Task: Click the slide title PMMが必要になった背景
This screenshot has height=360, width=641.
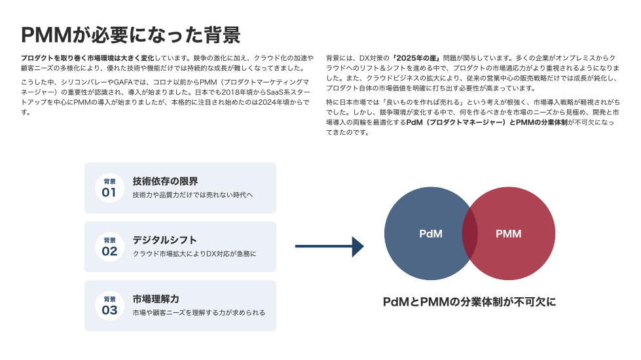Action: click(x=130, y=35)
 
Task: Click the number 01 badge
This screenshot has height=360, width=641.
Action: click(x=109, y=188)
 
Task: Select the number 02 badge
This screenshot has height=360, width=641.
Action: click(x=109, y=247)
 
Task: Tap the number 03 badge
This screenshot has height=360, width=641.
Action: click(x=109, y=306)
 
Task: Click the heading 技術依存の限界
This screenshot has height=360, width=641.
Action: click(x=165, y=181)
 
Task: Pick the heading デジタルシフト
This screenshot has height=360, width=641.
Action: click(x=165, y=240)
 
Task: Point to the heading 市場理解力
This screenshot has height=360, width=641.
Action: click(x=156, y=298)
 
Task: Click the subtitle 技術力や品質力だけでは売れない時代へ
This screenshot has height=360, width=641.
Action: click(x=192, y=195)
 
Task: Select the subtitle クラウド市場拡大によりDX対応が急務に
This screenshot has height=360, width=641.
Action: click(x=194, y=254)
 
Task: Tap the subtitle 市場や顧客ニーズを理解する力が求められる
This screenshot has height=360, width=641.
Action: click(x=198, y=313)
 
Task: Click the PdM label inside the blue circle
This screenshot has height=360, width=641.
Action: click(x=431, y=234)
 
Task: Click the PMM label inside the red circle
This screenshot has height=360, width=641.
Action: click(x=509, y=234)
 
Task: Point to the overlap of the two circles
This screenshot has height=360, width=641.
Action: click(x=469, y=233)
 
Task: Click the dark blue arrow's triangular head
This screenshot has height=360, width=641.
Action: click(x=357, y=246)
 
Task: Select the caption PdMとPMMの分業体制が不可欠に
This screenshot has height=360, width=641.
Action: click(x=469, y=302)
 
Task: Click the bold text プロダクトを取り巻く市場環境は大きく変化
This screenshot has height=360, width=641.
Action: click(x=88, y=58)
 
